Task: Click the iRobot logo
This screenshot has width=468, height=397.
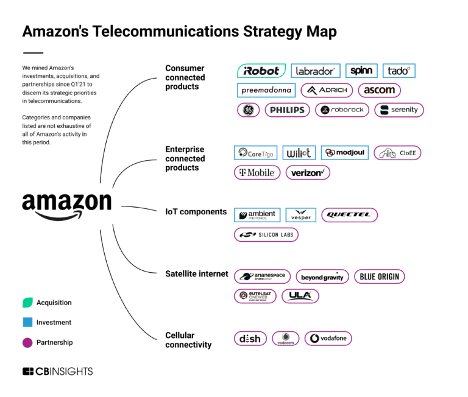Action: click(x=261, y=71)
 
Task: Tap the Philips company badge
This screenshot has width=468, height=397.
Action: click(x=287, y=110)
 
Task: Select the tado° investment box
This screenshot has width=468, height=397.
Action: click(x=399, y=71)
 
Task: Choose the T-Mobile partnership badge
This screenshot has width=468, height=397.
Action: click(x=257, y=172)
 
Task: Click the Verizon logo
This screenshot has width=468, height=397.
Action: click(x=308, y=172)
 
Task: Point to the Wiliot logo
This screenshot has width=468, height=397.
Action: click(x=299, y=153)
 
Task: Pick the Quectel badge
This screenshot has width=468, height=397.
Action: click(x=350, y=215)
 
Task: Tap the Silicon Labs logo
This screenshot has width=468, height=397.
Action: click(x=266, y=234)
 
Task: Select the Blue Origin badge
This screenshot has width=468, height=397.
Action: click(x=379, y=276)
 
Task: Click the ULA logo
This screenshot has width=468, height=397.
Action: click(x=300, y=296)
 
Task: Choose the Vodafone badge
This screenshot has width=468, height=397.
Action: click(x=328, y=339)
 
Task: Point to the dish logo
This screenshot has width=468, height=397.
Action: click(x=250, y=339)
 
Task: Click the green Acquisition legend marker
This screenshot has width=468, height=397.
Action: click(x=27, y=303)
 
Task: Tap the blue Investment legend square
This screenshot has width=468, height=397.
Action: click(x=27, y=323)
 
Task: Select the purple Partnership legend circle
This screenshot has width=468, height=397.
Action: click(x=27, y=343)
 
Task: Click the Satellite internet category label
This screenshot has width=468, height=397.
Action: click(x=197, y=274)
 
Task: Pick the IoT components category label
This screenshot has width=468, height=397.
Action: click(x=196, y=212)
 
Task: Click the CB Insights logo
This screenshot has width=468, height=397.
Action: click(x=57, y=371)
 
